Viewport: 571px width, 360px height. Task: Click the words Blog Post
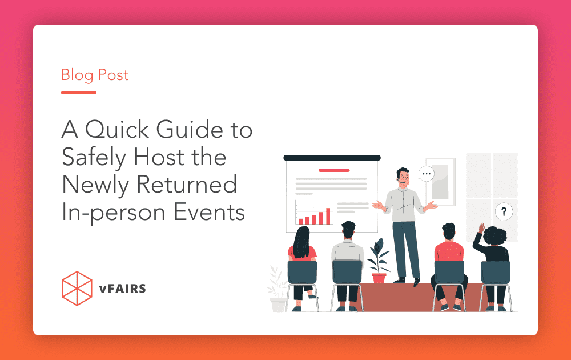click(95, 75)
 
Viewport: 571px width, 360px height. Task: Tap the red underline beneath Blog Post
click(78, 92)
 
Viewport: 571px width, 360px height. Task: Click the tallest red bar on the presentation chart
click(328, 215)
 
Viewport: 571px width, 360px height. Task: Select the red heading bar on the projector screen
click(333, 170)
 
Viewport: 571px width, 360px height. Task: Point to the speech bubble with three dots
click(426, 174)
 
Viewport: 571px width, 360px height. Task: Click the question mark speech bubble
click(503, 212)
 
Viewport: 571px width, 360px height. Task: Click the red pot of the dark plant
click(379, 278)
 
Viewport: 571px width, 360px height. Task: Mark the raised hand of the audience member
click(481, 228)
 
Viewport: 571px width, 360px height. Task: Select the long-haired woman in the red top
click(301, 246)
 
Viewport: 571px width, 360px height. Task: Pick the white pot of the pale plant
click(279, 305)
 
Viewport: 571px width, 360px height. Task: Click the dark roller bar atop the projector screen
click(332, 158)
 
